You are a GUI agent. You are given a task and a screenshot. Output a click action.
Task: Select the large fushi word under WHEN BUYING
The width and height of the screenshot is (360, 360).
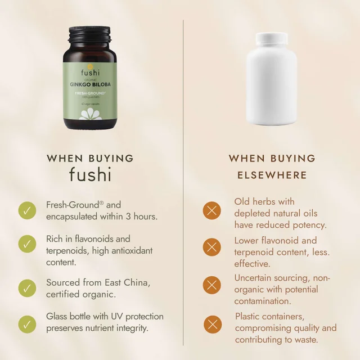[90, 175]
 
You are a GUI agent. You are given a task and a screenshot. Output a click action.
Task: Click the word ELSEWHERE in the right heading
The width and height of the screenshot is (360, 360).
[272, 175]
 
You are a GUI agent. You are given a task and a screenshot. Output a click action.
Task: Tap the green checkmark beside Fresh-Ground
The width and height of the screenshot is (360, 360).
[26, 211]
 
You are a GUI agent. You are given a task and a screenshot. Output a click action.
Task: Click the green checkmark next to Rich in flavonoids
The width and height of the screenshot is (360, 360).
[26, 244]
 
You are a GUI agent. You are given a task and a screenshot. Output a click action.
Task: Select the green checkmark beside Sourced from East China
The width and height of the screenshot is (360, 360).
[26, 287]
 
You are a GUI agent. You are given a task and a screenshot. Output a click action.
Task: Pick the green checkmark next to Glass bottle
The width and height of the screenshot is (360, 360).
[26, 323]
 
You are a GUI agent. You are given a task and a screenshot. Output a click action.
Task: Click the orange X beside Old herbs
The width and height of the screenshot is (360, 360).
[211, 211]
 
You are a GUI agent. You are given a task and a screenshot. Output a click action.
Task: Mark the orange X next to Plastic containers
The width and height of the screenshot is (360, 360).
[211, 323]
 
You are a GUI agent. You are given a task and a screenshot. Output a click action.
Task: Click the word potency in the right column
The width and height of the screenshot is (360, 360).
[309, 225]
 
